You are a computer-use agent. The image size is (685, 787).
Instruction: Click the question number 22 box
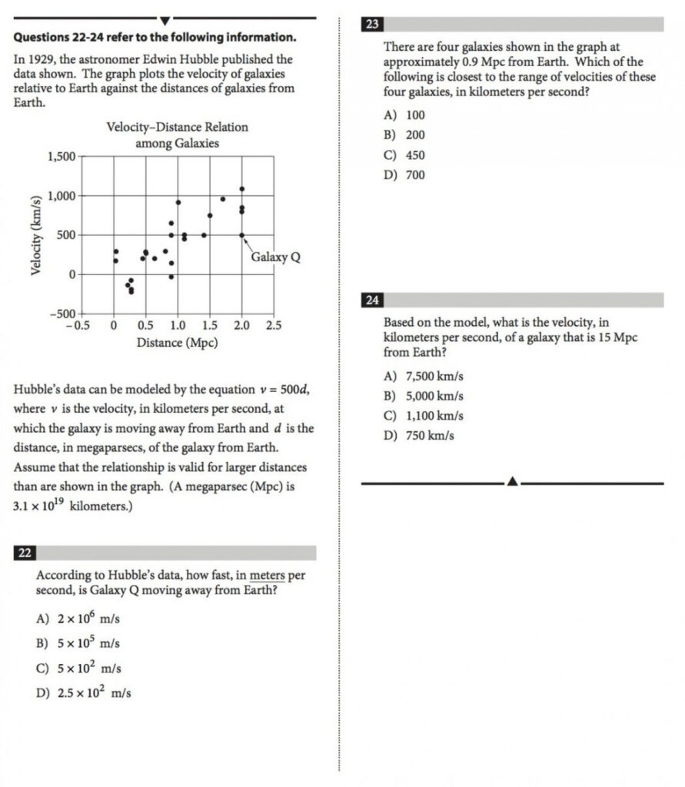(x=25, y=553)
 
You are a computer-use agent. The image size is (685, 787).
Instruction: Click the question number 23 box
(x=372, y=25)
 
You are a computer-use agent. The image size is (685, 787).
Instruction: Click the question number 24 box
(x=372, y=301)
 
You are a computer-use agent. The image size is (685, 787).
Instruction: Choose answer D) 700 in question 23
(x=404, y=175)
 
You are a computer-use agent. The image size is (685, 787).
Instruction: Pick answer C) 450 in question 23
(x=404, y=155)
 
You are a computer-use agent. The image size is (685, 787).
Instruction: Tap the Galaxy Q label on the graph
(x=275, y=257)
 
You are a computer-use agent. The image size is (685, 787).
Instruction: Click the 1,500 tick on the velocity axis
(x=62, y=157)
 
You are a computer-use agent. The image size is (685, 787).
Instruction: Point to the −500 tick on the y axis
(x=62, y=314)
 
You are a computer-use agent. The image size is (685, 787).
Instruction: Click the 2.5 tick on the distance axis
(x=273, y=326)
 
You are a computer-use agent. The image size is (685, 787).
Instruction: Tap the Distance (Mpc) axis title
(x=177, y=342)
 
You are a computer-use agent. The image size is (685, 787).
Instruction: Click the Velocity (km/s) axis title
(x=35, y=234)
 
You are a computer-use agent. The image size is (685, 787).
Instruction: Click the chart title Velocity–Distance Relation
(x=177, y=127)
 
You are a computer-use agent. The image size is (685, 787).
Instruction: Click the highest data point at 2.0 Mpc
(x=241, y=188)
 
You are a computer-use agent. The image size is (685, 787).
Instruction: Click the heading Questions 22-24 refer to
(x=154, y=37)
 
